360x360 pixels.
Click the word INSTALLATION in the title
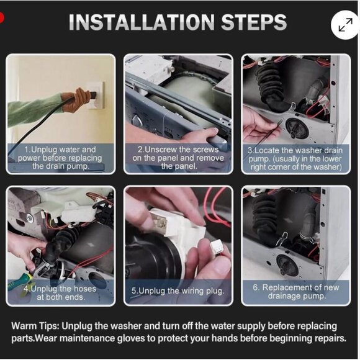click(x=142, y=22)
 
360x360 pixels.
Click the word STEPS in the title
click(x=254, y=22)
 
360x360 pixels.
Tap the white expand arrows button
click(x=345, y=25)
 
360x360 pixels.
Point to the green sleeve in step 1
click(x=34, y=110)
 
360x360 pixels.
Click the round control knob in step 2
click(x=137, y=120)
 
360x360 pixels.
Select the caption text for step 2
click(x=178, y=158)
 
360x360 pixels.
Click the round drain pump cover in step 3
click(x=297, y=128)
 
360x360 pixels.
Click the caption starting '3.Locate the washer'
click(x=295, y=159)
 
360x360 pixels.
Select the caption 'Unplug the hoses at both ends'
click(x=60, y=293)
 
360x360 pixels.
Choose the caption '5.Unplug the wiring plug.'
click(x=178, y=291)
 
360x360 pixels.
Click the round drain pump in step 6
click(x=287, y=265)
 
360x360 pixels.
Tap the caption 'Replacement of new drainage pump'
click(x=296, y=291)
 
